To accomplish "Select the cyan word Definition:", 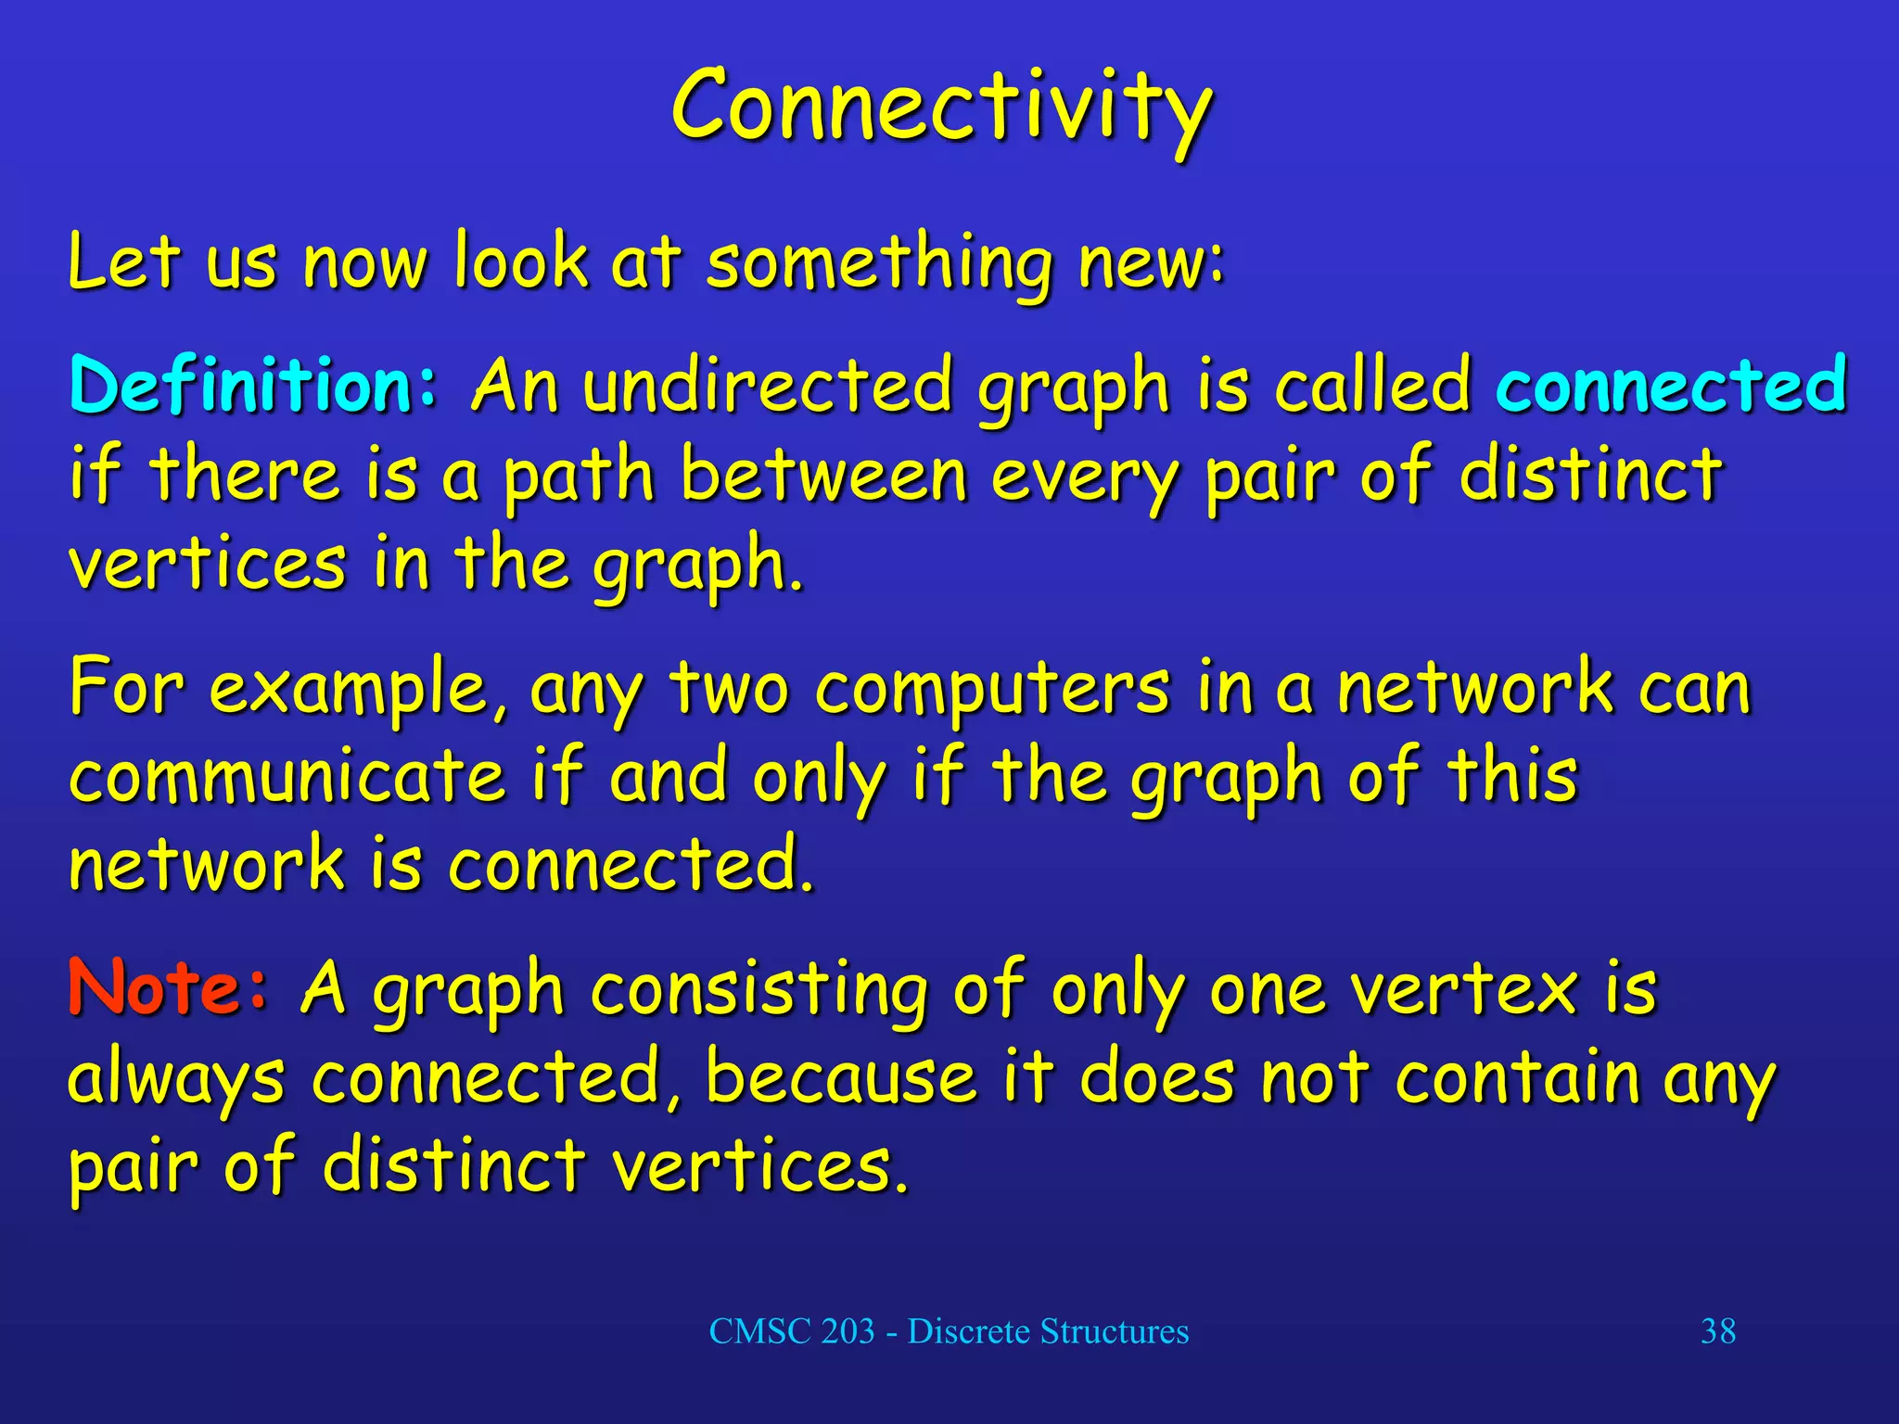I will (x=252, y=386).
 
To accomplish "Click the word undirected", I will (x=767, y=386).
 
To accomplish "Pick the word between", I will (x=823, y=475).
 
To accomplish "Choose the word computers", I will (x=992, y=690).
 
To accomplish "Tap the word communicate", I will (x=287, y=777).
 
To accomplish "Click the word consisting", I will (x=758, y=990).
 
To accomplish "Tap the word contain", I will (x=1518, y=1077).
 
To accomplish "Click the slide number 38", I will (x=1717, y=1331).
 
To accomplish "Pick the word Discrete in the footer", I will (x=968, y=1331).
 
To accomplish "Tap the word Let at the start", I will (x=122, y=263).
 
